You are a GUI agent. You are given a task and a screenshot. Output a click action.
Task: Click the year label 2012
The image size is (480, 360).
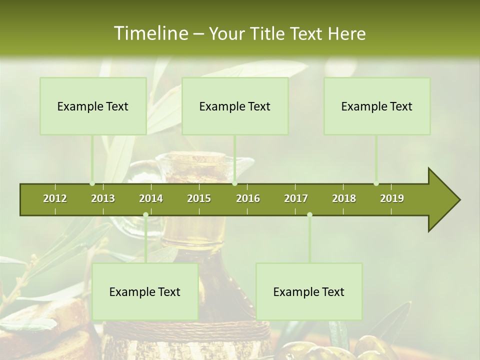[x=55, y=198]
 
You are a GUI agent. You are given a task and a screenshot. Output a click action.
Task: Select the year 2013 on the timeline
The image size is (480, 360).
[x=103, y=198]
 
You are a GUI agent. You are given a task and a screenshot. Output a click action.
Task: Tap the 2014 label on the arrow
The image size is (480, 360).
[x=151, y=198]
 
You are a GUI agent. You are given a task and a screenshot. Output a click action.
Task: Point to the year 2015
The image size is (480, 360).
[x=199, y=198]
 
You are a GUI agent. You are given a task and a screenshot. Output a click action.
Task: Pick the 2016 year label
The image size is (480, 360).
[x=248, y=198]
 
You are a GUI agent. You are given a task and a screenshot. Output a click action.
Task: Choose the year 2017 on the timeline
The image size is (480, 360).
[x=296, y=198]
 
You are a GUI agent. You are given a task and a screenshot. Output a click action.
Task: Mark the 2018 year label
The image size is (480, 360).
[x=344, y=198]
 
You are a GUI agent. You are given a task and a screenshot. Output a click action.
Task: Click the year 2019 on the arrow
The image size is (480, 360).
[x=392, y=198]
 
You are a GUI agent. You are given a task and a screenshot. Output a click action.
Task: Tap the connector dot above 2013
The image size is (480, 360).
[x=92, y=183]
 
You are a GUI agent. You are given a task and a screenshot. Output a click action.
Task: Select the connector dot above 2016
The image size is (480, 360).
[x=235, y=183]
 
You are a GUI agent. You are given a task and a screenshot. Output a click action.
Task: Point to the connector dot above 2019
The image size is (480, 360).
[x=376, y=183]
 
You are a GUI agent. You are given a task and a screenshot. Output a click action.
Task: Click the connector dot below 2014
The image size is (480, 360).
[x=145, y=215]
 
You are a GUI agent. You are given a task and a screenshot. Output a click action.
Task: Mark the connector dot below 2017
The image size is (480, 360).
[x=309, y=215]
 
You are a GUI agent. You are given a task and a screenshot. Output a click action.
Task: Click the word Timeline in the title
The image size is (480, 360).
[x=150, y=33]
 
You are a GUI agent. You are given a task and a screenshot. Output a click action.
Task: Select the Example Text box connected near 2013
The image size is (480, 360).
[x=93, y=106]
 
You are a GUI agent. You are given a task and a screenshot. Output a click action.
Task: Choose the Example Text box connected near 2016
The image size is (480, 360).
[x=235, y=106]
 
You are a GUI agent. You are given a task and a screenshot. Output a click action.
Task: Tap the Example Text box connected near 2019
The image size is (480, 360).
[x=377, y=106]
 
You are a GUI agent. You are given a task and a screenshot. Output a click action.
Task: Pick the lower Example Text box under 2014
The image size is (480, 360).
[x=145, y=291]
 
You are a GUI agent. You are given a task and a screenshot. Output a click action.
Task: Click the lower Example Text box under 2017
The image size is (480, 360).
[x=309, y=291]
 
